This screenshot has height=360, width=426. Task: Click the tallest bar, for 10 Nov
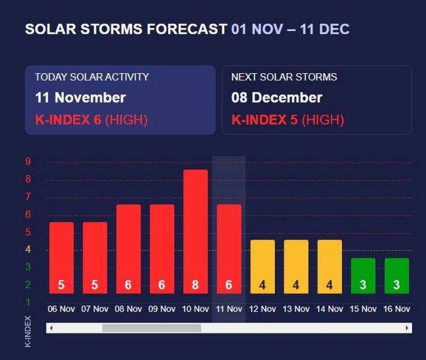click(x=195, y=231)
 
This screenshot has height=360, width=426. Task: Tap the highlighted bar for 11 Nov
click(x=229, y=248)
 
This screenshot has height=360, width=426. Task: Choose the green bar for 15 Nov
click(x=362, y=275)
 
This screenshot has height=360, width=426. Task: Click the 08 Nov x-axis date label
click(x=128, y=309)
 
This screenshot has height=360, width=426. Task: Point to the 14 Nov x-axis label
click(x=329, y=309)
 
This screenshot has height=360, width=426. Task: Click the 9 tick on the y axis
click(x=28, y=162)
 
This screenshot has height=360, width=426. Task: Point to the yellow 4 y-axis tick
click(x=28, y=250)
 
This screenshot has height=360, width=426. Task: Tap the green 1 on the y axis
click(x=28, y=303)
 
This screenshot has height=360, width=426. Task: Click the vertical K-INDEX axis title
click(x=29, y=331)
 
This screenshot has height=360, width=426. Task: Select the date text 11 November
click(x=80, y=97)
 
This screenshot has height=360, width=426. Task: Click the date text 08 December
click(x=277, y=97)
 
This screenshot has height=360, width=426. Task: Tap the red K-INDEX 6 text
click(x=67, y=119)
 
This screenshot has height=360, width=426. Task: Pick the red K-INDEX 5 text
click(x=264, y=119)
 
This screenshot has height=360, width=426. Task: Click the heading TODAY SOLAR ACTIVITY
click(x=92, y=77)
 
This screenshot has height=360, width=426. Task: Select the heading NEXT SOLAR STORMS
click(x=284, y=77)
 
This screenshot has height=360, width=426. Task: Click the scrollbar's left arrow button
click(x=51, y=328)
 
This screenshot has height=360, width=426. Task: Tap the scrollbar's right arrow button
click(x=407, y=328)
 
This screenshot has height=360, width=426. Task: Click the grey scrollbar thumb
click(x=151, y=328)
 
